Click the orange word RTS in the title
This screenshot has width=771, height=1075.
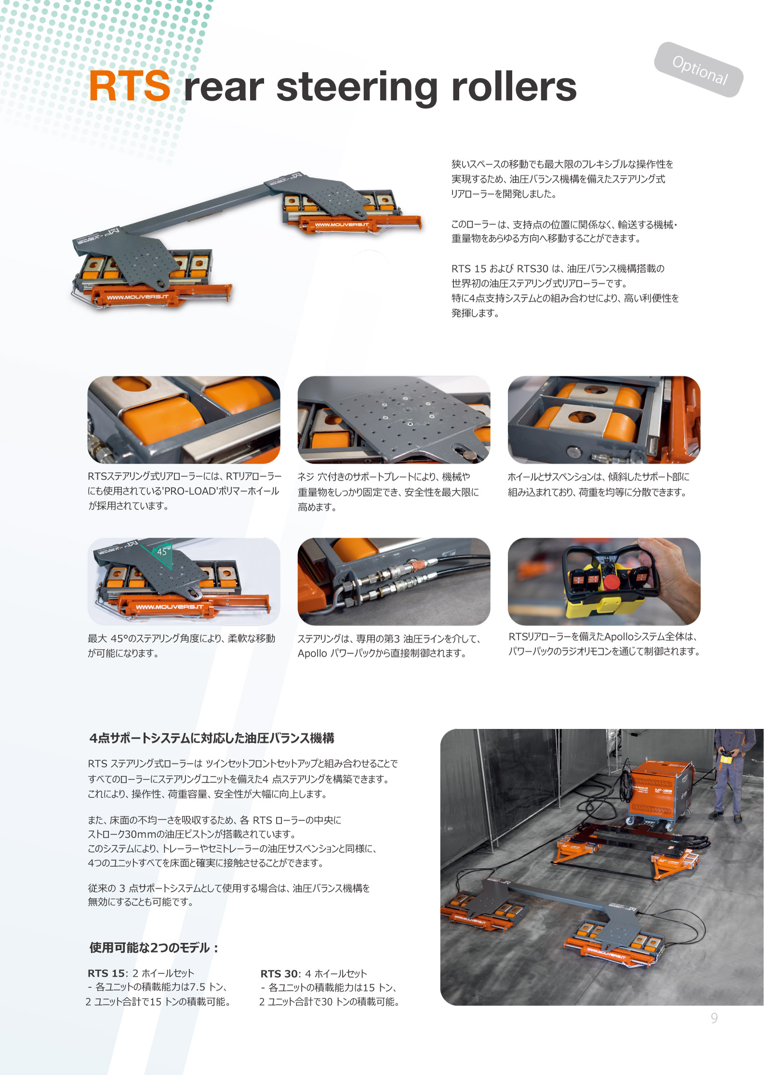(129, 86)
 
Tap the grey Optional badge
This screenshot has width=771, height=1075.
(698, 70)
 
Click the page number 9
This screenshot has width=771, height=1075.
(714, 1018)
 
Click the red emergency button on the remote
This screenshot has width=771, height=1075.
(612, 581)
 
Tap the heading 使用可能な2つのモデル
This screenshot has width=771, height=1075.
(154, 948)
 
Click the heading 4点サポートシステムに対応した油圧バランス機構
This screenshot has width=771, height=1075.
(212, 738)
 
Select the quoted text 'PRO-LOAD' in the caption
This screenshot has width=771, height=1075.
(190, 491)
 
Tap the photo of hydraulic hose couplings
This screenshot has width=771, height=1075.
(394, 582)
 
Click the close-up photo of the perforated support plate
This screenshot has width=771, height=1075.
(394, 420)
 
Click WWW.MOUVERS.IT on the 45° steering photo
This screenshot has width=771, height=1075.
(170, 607)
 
